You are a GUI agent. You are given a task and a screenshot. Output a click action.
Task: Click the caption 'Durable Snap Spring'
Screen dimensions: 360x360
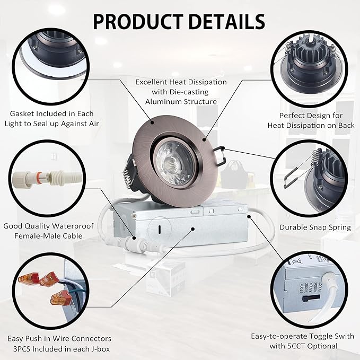tap(315, 227)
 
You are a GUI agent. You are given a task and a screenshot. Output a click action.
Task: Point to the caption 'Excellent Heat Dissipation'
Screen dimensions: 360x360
tap(181, 82)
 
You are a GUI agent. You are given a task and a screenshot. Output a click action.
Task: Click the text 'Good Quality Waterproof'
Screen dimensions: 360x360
tap(48, 226)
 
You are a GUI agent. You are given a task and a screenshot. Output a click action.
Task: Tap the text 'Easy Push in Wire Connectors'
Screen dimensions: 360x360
tap(59, 338)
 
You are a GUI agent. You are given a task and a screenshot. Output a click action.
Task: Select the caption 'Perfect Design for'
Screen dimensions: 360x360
tap(311, 115)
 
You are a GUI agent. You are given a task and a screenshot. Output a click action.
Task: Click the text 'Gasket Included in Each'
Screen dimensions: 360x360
tap(51, 113)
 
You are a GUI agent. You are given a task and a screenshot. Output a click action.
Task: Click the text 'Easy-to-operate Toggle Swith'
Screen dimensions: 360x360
tap(294, 336)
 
